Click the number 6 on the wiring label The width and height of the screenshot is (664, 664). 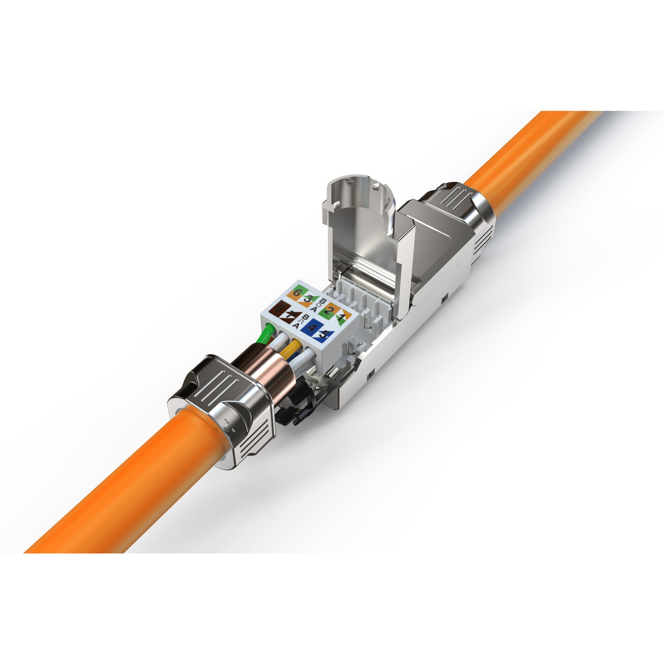(296, 293)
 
